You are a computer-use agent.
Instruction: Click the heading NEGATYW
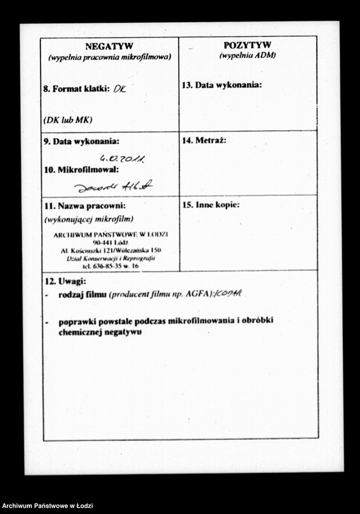click(x=109, y=47)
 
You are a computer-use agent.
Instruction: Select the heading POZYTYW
click(x=247, y=45)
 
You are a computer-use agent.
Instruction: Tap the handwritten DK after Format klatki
click(x=119, y=89)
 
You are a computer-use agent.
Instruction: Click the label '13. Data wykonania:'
click(x=221, y=85)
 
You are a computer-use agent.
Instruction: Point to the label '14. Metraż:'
click(x=204, y=141)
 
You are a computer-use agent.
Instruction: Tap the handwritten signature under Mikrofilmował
click(x=113, y=186)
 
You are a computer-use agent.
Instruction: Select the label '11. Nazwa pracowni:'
click(x=84, y=206)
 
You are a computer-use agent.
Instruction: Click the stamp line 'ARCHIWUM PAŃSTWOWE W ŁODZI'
click(x=111, y=234)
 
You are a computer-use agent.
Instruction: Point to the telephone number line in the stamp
click(x=111, y=266)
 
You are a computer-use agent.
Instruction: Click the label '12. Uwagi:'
click(x=65, y=281)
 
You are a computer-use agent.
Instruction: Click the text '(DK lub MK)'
click(x=67, y=120)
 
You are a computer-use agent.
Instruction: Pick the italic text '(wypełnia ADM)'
click(x=247, y=55)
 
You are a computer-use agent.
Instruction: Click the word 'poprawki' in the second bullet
click(x=77, y=321)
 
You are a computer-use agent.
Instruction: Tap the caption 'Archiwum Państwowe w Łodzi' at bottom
click(x=47, y=506)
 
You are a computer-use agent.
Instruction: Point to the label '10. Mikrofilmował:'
click(x=81, y=169)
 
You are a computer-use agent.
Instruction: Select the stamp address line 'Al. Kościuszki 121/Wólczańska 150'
click(x=111, y=251)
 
